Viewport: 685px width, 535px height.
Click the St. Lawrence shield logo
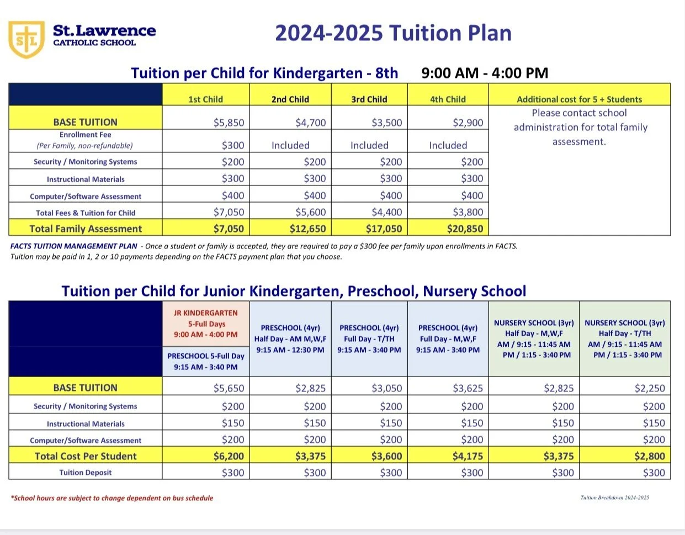(26, 39)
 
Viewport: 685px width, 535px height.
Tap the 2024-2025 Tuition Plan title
(393, 33)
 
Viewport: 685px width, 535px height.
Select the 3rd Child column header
(369, 99)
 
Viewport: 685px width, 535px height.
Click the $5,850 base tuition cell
(229, 123)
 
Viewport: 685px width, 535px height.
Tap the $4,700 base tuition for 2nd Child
(310, 123)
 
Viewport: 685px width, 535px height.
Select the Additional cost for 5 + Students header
(579, 99)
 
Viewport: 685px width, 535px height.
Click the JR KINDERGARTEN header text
(205, 313)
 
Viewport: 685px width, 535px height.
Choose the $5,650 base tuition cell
(229, 388)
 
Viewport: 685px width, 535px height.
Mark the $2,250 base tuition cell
(650, 388)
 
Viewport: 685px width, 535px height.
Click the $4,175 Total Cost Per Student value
(468, 457)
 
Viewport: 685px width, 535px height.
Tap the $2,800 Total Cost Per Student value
(650, 457)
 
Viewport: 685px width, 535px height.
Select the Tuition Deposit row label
(86, 473)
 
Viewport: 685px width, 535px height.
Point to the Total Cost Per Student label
(86, 457)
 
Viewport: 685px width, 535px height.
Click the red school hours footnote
(112, 498)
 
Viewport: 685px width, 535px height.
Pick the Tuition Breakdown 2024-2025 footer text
(614, 497)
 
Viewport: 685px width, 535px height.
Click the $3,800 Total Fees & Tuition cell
(468, 212)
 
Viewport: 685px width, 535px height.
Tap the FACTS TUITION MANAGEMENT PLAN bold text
(73, 246)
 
